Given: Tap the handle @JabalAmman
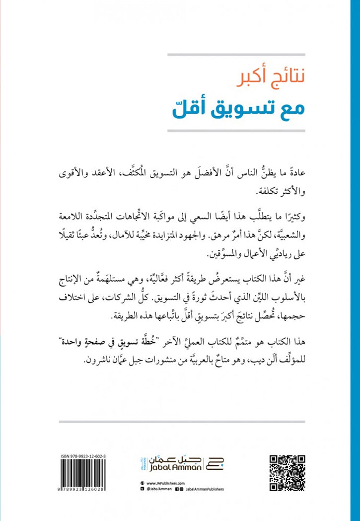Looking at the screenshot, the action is (160, 489).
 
